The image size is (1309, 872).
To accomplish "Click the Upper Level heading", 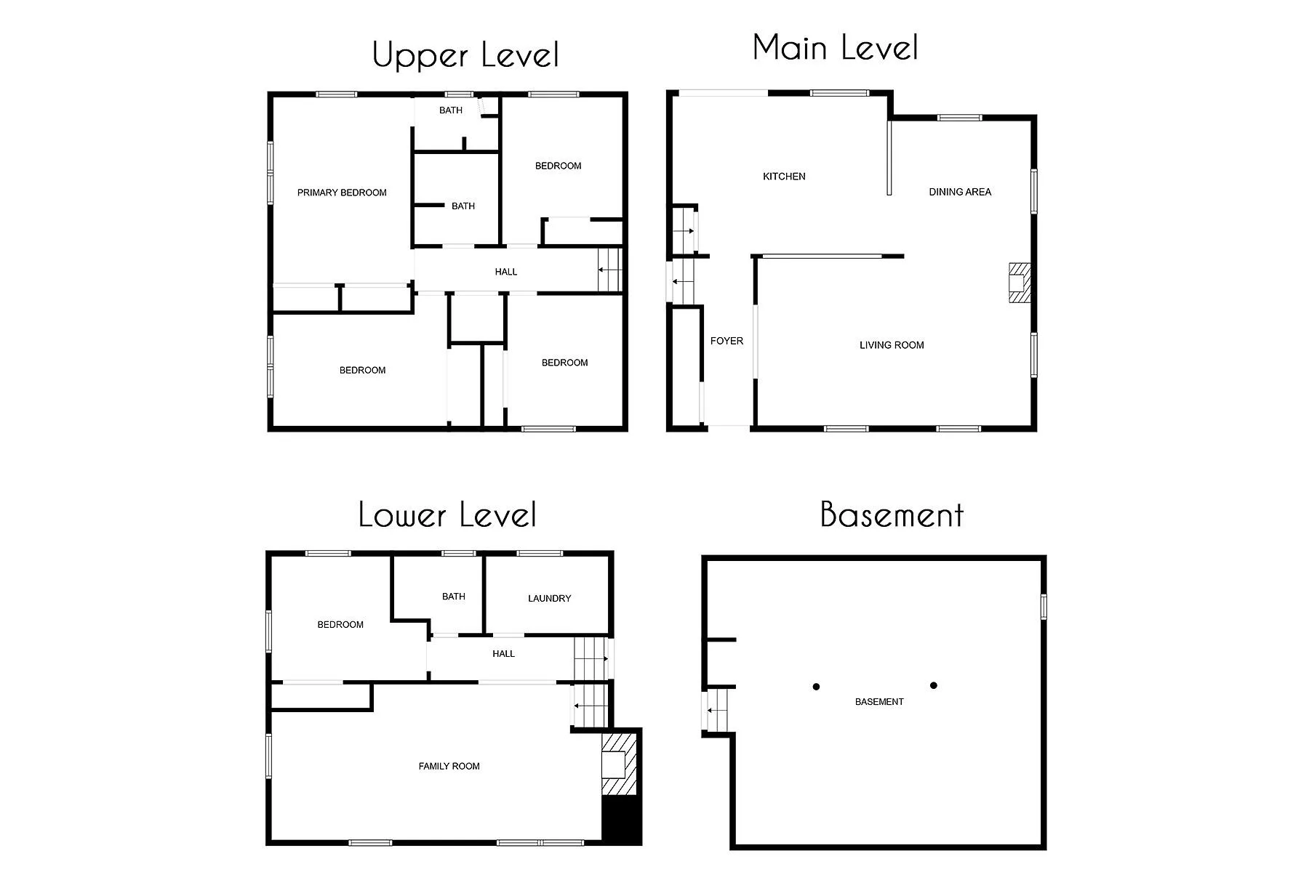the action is tap(465, 55).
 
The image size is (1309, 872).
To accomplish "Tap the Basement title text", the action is tap(892, 514).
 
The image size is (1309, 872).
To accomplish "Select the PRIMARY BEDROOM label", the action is tap(342, 193).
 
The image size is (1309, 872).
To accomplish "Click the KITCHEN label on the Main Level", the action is tap(784, 177).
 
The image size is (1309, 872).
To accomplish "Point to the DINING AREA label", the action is tap(960, 192).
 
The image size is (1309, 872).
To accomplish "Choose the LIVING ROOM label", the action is tap(892, 345).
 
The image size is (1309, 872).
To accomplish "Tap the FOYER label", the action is tap(726, 341).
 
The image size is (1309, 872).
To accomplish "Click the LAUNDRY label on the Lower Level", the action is tap(549, 599).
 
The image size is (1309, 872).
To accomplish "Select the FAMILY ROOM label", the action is tap(449, 766).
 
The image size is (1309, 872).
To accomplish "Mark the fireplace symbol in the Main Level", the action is tap(1019, 282).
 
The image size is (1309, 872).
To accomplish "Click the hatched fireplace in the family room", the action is tap(619, 764).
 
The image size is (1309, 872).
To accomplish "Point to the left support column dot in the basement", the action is tap(816, 687).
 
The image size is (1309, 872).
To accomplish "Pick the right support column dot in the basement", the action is tap(934, 685).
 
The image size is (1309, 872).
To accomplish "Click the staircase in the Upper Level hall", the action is tap(609, 270).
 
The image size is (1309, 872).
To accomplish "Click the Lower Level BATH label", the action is tap(453, 597).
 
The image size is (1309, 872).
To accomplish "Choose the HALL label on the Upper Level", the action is tap(506, 272).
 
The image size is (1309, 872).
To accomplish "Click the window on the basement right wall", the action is tap(1043, 607).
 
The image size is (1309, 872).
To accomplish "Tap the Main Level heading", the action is tap(836, 48).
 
